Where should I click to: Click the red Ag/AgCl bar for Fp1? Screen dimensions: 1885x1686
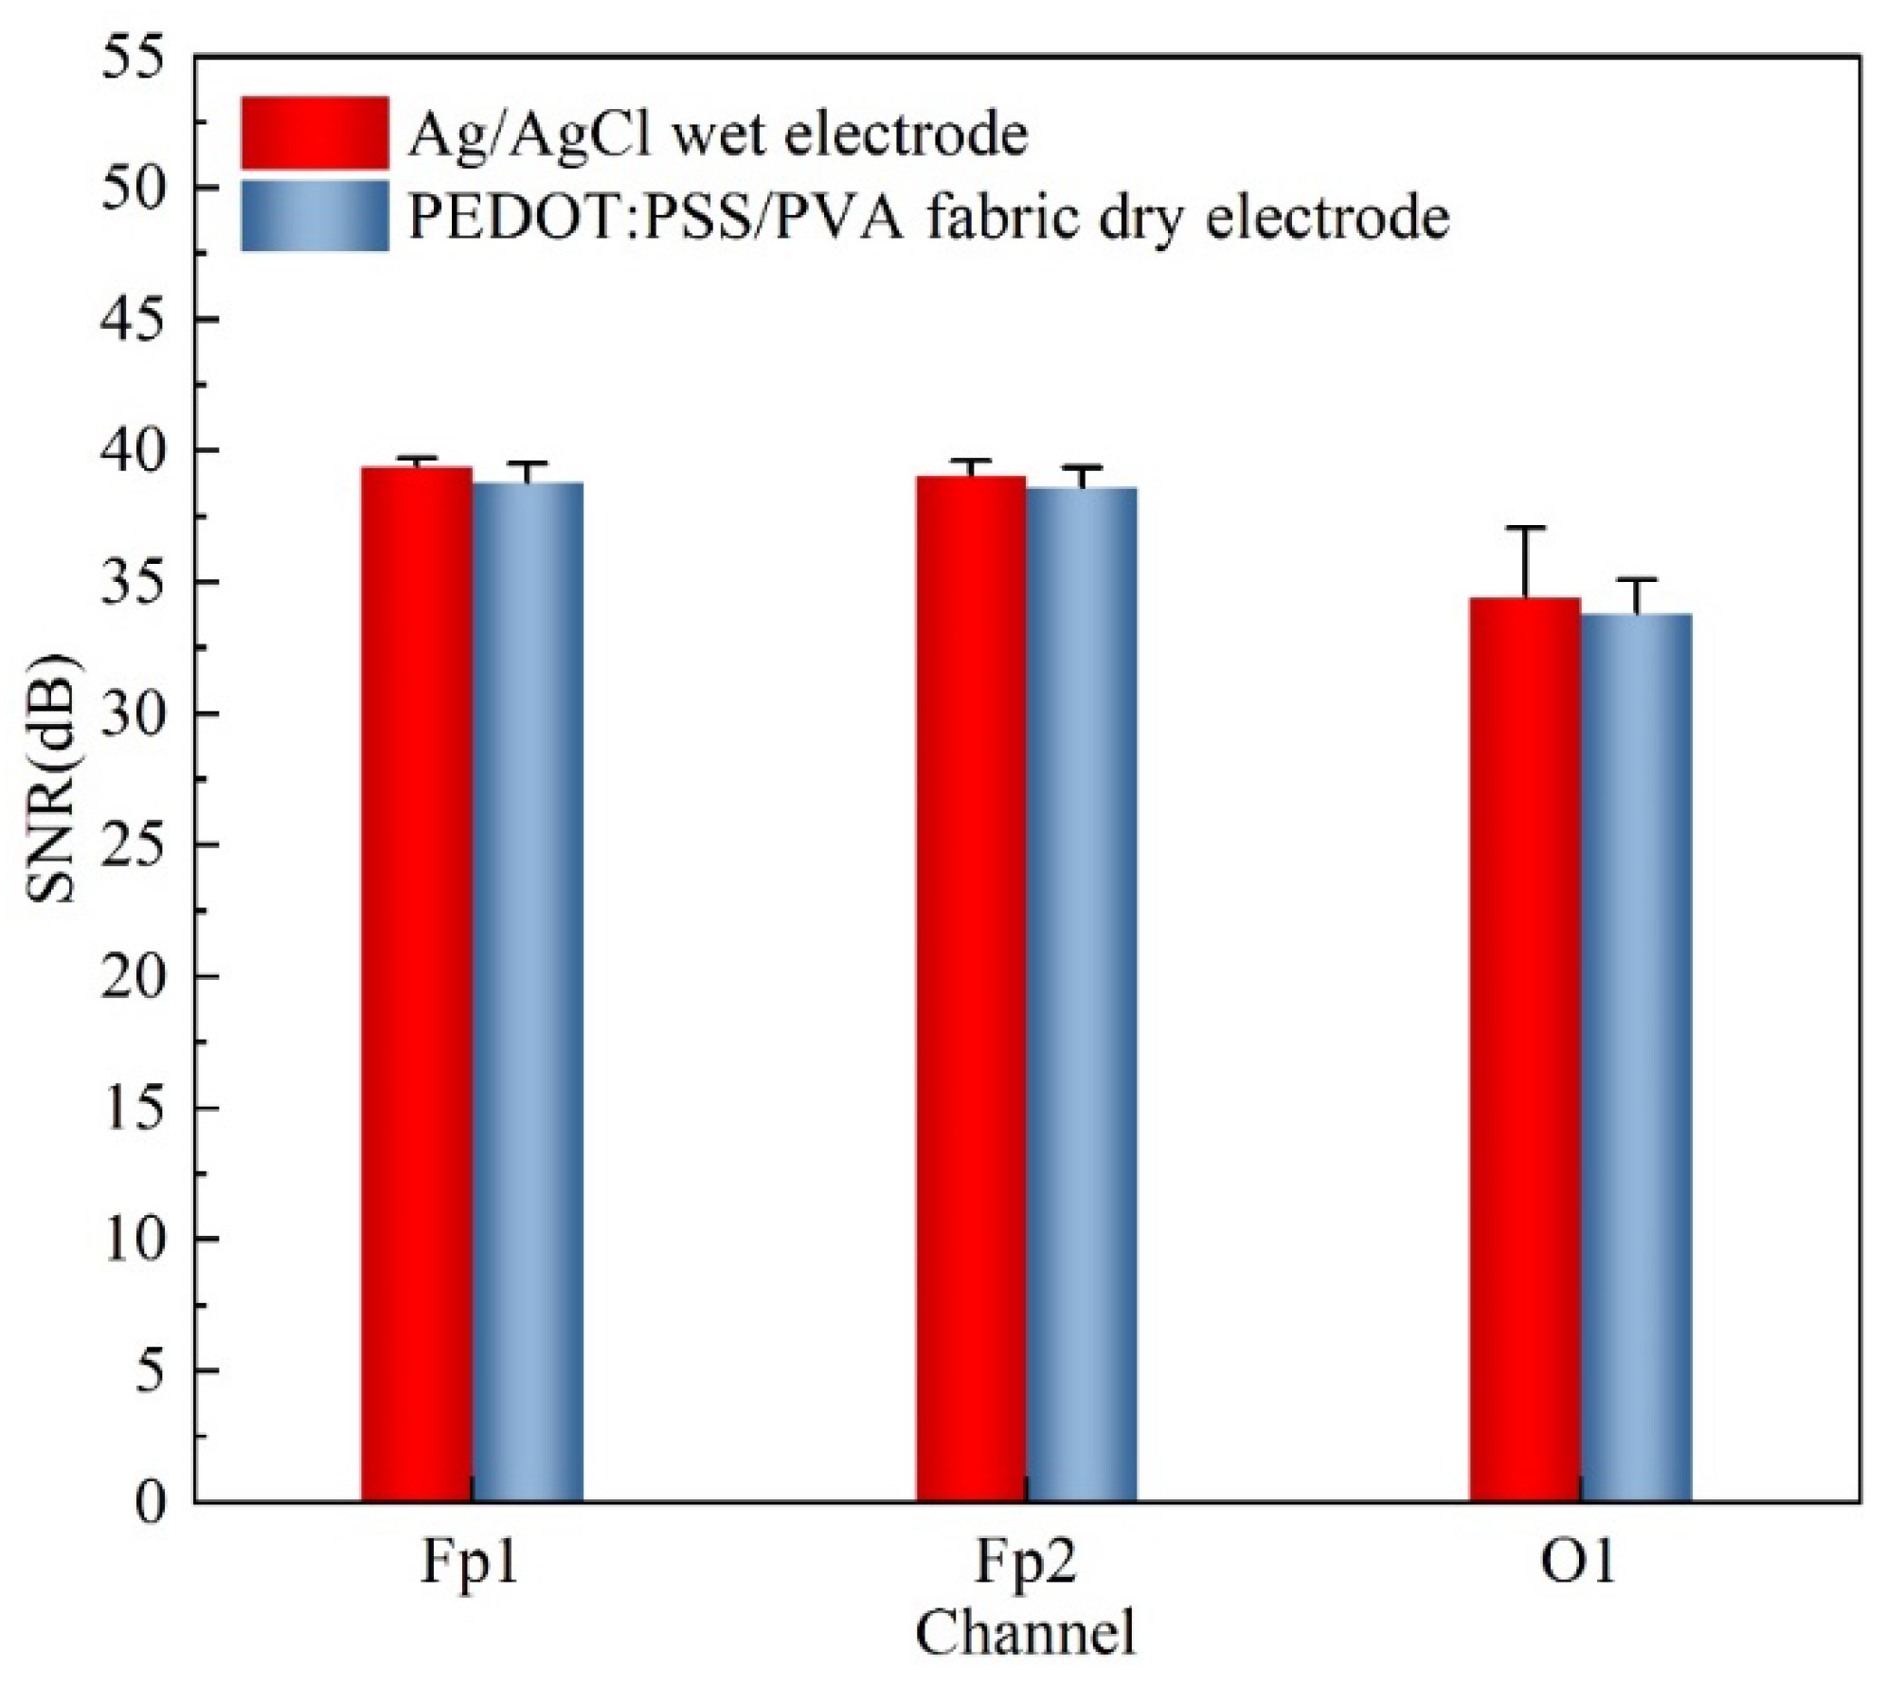417,986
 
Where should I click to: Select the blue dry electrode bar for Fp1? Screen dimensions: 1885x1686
528,993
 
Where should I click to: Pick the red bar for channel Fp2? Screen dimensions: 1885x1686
971,989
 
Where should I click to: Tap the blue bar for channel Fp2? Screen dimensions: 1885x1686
1082,995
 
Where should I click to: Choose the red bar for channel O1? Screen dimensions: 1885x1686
1525,1050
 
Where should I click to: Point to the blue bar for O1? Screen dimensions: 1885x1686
1636,1059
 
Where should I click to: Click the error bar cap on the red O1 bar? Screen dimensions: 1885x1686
1525,527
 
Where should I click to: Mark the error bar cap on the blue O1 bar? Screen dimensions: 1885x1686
1636,579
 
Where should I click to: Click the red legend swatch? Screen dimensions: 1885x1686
314,132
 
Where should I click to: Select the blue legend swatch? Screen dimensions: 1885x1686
314,215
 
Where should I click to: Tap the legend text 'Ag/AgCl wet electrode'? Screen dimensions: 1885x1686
717,136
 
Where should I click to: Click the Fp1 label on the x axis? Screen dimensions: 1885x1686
471,1566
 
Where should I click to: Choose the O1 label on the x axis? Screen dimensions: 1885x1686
1580,1564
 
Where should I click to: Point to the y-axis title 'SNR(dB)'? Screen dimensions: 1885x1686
56,777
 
